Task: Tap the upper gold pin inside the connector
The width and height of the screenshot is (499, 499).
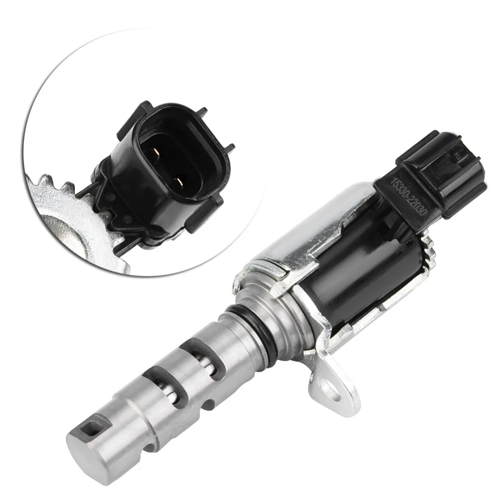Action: pos(156,153)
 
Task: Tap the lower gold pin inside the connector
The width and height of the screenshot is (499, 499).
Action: pos(179,182)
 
